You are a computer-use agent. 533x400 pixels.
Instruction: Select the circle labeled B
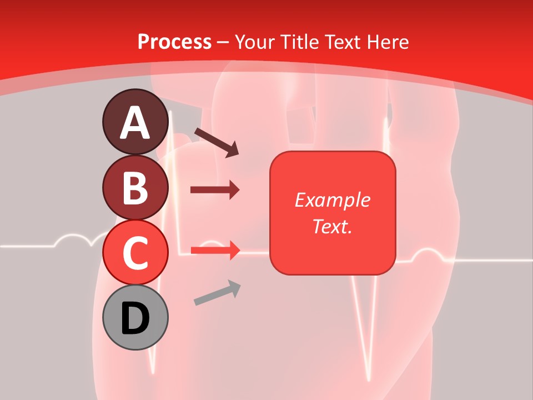pos(135,187)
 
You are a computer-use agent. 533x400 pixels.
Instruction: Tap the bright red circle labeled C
pos(135,253)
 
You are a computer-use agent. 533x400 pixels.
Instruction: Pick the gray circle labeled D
pos(135,317)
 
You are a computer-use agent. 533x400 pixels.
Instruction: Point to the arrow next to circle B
pos(215,190)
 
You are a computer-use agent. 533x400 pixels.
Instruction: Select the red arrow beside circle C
pos(215,251)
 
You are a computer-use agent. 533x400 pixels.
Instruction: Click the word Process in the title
pos(174,42)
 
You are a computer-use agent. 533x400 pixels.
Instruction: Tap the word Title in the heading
pos(299,42)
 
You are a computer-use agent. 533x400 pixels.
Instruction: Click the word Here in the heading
pos(388,42)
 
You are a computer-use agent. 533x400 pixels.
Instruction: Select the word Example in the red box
pos(332,200)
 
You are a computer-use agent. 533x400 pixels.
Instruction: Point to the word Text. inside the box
pos(332,227)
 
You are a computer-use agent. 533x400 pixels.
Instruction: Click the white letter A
pos(135,123)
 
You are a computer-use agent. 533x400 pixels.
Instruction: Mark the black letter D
pos(135,319)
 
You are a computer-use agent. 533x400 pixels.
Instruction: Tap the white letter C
pos(135,253)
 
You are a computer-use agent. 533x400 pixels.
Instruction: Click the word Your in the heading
pos(255,42)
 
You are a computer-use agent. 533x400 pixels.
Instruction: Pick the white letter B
pos(135,188)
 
